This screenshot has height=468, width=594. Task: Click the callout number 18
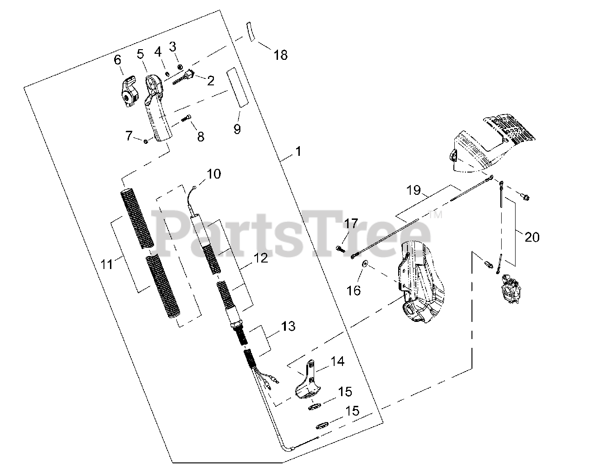click(280, 55)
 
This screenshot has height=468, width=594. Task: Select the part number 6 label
click(117, 60)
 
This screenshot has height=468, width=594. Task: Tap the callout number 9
click(237, 129)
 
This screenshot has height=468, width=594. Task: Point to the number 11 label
click(107, 264)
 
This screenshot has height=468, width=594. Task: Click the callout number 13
click(289, 326)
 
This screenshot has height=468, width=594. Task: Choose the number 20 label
click(532, 237)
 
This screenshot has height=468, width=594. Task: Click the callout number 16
click(354, 290)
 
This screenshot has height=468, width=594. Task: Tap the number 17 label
click(351, 223)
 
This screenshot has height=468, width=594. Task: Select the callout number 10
click(214, 174)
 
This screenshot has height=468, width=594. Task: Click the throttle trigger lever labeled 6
click(129, 91)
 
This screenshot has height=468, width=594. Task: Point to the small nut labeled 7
click(145, 141)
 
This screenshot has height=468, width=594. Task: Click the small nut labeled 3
click(180, 67)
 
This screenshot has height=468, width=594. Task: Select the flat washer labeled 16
click(365, 264)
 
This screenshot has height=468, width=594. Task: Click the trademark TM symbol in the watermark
click(436, 214)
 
